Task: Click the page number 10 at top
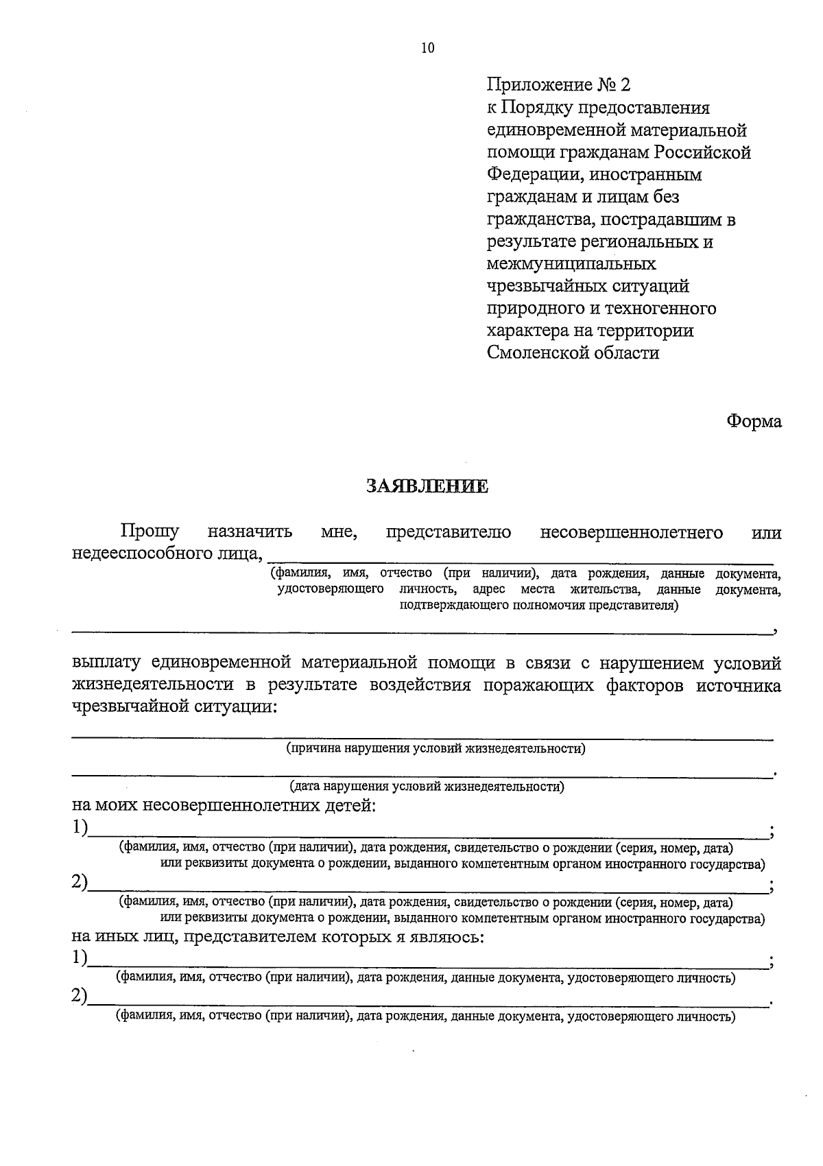[x=427, y=48]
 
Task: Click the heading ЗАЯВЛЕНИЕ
[x=427, y=487]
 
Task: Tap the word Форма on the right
[x=754, y=422]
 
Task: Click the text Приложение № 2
[x=558, y=85]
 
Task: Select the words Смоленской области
[x=573, y=353]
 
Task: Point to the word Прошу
[x=150, y=532]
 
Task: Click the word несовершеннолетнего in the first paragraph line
[x=631, y=532]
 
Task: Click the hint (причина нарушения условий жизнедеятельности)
[x=436, y=748]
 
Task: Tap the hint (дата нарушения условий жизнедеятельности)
[x=427, y=787]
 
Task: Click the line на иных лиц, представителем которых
[x=278, y=936]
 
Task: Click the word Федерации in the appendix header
[x=532, y=175]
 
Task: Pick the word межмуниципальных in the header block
[x=571, y=263]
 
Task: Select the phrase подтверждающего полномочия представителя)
[x=539, y=605]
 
